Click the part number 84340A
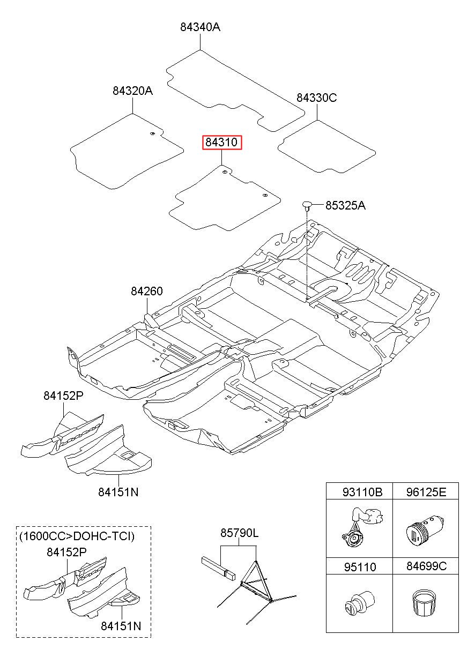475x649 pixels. click(x=200, y=27)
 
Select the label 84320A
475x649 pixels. click(x=132, y=91)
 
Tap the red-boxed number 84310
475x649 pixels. click(x=222, y=142)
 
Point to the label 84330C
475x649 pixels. click(x=316, y=98)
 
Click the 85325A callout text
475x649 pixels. click(x=345, y=205)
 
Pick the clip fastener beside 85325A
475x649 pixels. click(x=307, y=205)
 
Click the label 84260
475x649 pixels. click(x=147, y=291)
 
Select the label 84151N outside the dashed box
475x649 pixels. click(x=118, y=493)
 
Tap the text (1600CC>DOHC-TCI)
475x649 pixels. click(x=77, y=536)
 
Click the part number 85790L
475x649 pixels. click(x=240, y=533)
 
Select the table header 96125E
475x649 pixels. click(x=426, y=492)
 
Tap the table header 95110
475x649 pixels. click(x=360, y=567)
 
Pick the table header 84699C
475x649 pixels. click(x=427, y=566)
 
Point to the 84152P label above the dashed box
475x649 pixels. click(x=63, y=396)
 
